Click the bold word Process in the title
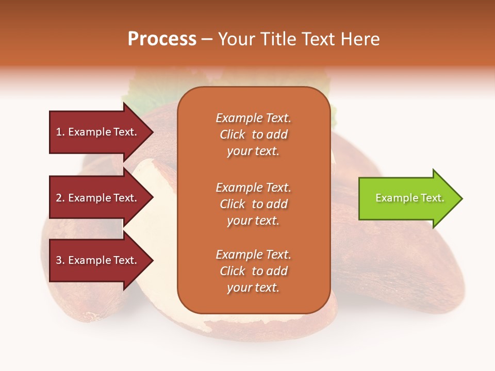coord(162,39)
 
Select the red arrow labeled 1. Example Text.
coord(98,132)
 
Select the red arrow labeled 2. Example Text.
coord(98,198)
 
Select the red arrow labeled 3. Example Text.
coord(98,261)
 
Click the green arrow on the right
coord(407,198)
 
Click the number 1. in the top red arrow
coord(60,132)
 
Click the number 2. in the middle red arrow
coord(60,198)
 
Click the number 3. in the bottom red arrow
coord(60,261)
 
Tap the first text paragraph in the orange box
coord(253,134)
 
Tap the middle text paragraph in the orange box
coord(253,204)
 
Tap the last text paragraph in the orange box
coord(253,271)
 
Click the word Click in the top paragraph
coord(232,134)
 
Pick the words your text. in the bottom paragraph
coord(253,288)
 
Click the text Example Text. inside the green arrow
coord(409,198)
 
